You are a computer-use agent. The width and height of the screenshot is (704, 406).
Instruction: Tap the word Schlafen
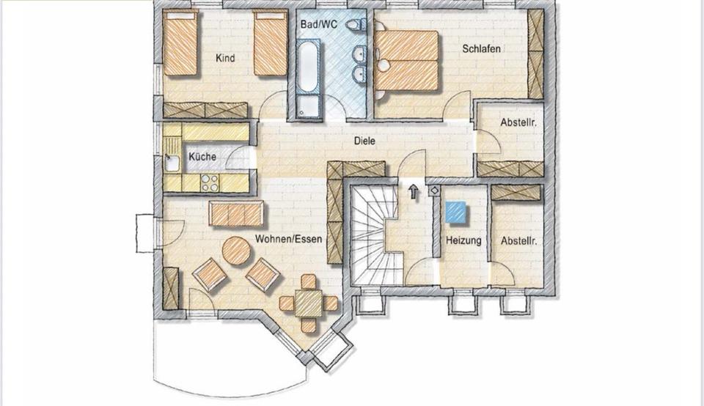pos(482,49)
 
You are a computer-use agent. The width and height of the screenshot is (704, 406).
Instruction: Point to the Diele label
pos(364,141)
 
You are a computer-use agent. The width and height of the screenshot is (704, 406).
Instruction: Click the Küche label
pos(202,157)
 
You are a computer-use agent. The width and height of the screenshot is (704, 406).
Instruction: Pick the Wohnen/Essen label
pos(289,239)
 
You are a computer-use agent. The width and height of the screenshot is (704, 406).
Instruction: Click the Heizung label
pos(463,240)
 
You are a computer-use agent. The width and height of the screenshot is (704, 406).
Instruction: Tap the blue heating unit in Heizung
pos(455,212)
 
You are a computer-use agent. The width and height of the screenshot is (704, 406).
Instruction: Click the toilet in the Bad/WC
pos(357,25)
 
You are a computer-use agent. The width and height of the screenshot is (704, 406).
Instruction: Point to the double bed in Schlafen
pos(407,60)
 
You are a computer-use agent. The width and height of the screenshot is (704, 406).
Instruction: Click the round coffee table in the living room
pos(236,251)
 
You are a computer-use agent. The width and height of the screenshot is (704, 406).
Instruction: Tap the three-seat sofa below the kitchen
pos(235,214)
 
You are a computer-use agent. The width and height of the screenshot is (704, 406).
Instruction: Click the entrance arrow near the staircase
pos(414,191)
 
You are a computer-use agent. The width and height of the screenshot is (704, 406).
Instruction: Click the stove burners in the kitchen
pos(209,182)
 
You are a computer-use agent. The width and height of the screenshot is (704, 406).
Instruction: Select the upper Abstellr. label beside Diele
pos(518,123)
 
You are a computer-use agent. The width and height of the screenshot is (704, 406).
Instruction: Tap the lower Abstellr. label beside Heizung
pos(518,240)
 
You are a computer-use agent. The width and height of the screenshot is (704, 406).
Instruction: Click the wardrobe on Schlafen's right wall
pos(535,54)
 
